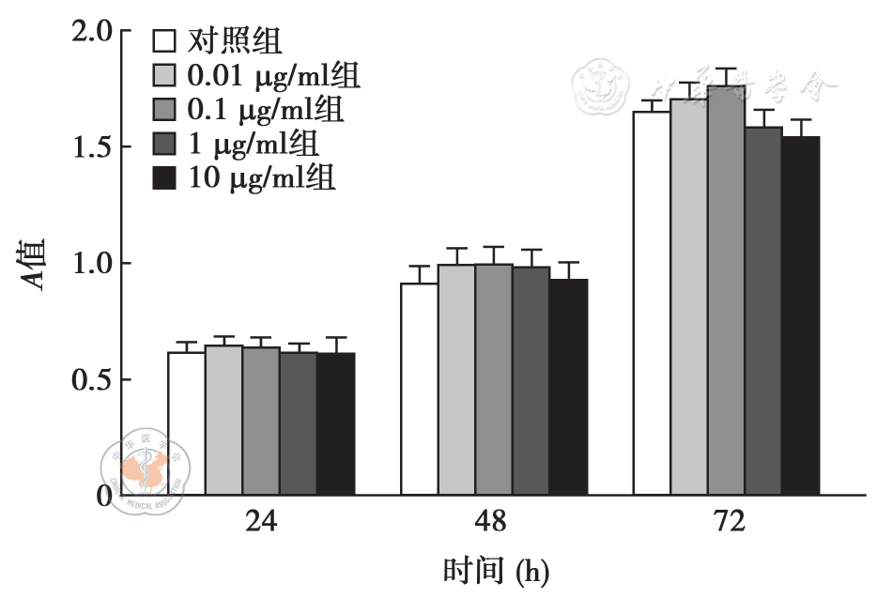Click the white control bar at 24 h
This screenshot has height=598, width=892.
click(x=186, y=423)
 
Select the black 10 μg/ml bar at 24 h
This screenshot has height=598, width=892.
click(x=336, y=423)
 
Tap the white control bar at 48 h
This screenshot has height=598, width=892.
click(x=420, y=389)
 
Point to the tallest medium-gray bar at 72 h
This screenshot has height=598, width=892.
click(x=726, y=290)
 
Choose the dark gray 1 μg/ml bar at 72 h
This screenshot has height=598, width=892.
click(x=763, y=311)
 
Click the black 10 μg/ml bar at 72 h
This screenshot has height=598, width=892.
click(x=800, y=315)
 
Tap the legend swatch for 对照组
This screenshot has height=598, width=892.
click(x=165, y=42)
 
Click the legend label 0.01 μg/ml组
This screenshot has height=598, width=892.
click(x=273, y=76)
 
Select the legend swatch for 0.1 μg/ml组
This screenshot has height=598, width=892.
click(x=165, y=110)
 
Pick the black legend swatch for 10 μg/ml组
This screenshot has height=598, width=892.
click(x=165, y=178)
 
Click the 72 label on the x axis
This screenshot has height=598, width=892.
click(x=726, y=522)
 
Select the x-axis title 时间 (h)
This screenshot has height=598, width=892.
click(x=494, y=569)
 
